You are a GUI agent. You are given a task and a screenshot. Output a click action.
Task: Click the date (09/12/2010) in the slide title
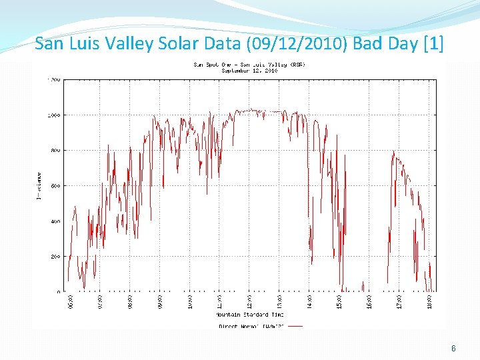(298, 44)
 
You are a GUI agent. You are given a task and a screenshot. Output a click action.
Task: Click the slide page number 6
(453, 349)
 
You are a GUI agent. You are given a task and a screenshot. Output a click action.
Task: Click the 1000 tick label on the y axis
(53, 115)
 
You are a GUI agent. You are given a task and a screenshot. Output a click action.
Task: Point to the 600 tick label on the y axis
(55, 186)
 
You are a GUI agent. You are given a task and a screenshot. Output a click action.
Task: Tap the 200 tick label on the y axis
(55, 257)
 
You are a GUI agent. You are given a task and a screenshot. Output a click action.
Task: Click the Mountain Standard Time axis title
(250, 314)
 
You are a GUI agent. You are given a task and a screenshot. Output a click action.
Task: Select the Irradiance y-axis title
(39, 185)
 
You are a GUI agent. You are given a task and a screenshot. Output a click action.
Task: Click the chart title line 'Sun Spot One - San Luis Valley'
(249, 64)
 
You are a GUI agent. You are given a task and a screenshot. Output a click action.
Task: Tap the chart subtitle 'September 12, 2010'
(249, 70)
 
